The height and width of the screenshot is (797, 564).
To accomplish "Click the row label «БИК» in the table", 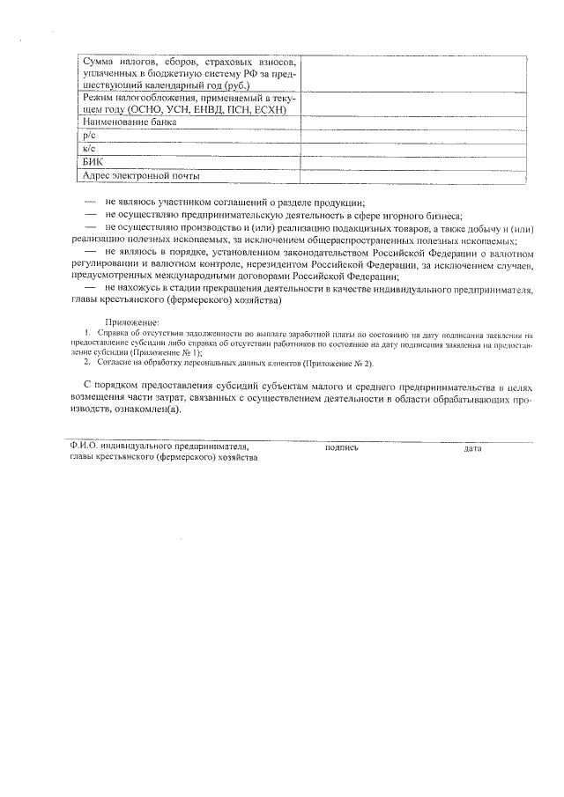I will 93,162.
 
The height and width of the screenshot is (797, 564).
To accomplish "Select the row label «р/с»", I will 88,137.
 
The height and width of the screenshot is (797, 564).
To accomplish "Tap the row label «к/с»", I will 88,150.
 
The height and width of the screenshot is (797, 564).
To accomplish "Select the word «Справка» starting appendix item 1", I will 113,334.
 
